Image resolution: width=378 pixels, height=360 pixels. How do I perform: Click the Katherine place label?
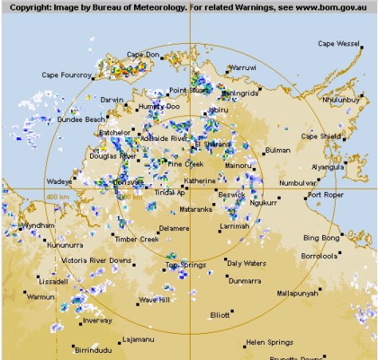200,181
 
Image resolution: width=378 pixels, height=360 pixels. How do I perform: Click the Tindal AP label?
170,192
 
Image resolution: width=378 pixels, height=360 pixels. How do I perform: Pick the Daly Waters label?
246,263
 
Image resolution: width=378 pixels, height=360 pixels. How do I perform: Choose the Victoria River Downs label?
96,260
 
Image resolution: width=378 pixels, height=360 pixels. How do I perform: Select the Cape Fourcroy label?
67,76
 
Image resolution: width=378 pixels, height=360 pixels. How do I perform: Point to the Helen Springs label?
270,342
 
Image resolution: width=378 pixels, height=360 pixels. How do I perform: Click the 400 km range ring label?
57,196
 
